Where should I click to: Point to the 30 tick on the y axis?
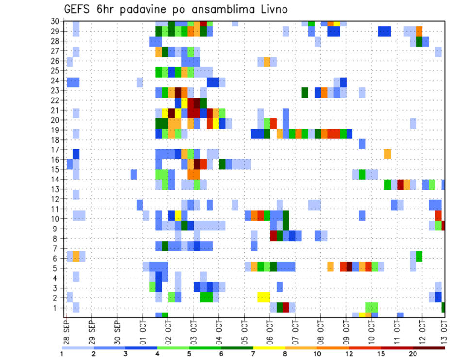pos(56,21)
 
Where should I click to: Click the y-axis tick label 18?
pos(56,140)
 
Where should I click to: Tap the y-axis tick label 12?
pos(56,199)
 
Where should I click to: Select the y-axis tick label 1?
pos(58,308)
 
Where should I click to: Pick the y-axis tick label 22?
pos(56,100)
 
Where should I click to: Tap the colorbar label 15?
pos(382,354)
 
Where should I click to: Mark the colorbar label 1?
pos(62,354)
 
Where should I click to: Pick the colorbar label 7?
pos(253,354)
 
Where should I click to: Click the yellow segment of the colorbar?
pos(269,348)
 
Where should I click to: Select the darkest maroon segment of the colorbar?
pos(429,348)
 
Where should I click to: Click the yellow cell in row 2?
pos(264,297)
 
